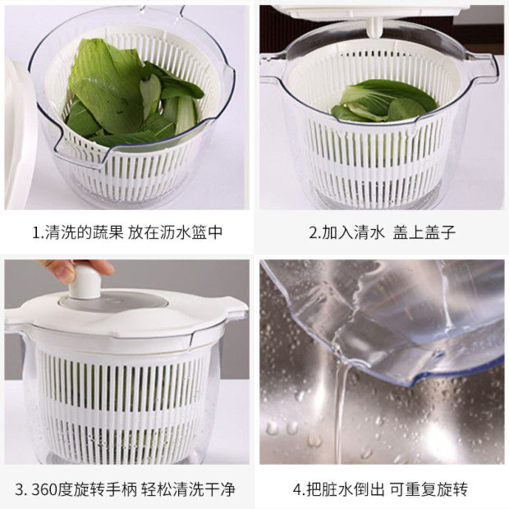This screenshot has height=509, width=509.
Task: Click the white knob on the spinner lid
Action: click(83, 283)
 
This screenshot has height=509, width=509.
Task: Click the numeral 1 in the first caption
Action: click(35, 232)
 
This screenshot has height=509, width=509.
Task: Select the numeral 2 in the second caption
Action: click(313, 232)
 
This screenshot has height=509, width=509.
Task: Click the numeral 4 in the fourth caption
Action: click(297, 490)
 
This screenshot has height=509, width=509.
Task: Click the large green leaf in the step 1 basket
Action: click(107, 82)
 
